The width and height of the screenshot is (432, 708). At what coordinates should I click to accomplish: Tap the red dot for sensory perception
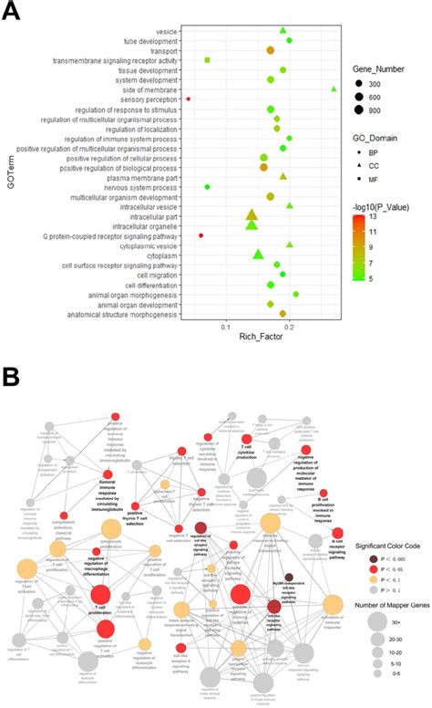coord(188,99)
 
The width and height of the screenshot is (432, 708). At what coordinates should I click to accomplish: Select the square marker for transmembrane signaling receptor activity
coord(208,60)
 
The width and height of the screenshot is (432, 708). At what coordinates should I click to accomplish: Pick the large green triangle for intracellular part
coord(252,216)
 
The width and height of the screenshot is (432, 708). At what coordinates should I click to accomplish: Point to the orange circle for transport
coord(270,50)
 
